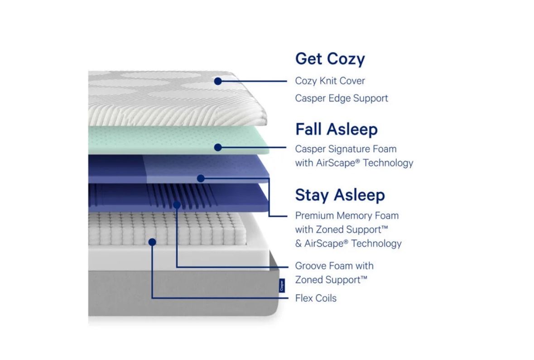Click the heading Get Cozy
point(330,59)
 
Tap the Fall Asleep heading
point(337,129)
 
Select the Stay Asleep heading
point(340,195)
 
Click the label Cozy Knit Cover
point(330,81)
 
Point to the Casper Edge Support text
point(341,98)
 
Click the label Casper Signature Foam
point(346,149)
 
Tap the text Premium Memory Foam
point(346,216)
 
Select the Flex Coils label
point(316,298)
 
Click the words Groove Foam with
point(334,266)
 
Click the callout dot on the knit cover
point(218,81)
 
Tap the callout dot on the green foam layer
point(218,147)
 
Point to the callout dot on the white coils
point(152,242)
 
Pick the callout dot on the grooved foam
point(177,205)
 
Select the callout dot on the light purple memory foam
point(201,178)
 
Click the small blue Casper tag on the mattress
point(282,285)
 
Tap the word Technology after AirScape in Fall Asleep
point(388,163)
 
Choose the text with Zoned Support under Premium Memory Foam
point(341,230)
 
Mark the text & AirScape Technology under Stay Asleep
point(348,244)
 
